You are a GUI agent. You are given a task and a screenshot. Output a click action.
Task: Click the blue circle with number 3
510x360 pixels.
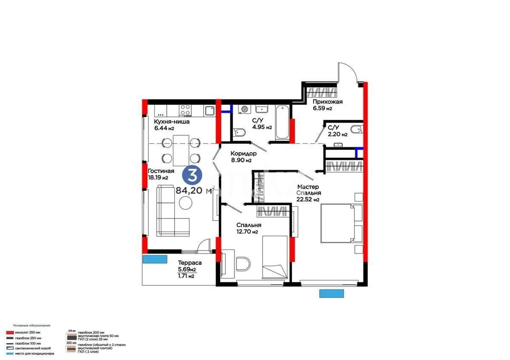tap(192, 175)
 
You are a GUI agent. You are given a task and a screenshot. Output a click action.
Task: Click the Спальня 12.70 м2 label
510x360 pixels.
tap(249, 228)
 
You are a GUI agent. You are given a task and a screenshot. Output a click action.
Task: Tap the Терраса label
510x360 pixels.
tap(190, 263)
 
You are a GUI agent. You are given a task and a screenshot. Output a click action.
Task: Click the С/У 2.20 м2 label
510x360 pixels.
tap(337, 130)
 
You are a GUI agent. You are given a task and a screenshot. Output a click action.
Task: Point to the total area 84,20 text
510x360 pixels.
tap(190, 191)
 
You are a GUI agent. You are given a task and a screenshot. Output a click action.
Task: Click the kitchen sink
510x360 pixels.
tap(209, 111)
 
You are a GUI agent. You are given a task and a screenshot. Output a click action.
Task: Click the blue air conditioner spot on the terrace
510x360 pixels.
tap(155, 260)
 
